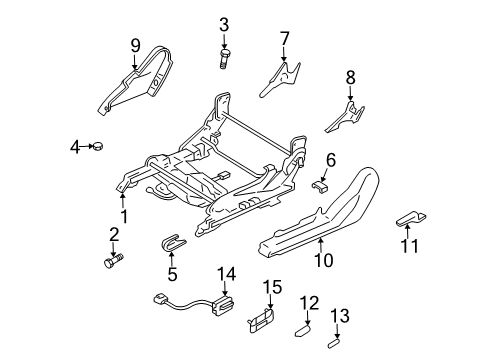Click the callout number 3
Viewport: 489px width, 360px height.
pyautogui.click(x=224, y=24)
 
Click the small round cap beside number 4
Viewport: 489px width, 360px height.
pyautogui.click(x=99, y=149)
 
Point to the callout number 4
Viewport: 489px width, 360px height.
pyautogui.click(x=74, y=149)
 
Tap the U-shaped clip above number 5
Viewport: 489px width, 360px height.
pyautogui.click(x=173, y=245)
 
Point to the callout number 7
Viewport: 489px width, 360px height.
pyautogui.click(x=284, y=39)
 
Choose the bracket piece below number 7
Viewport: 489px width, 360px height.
pyautogui.click(x=280, y=78)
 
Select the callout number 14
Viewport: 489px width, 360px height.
pyautogui.click(x=228, y=273)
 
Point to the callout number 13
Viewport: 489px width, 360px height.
pyautogui.click(x=342, y=315)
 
